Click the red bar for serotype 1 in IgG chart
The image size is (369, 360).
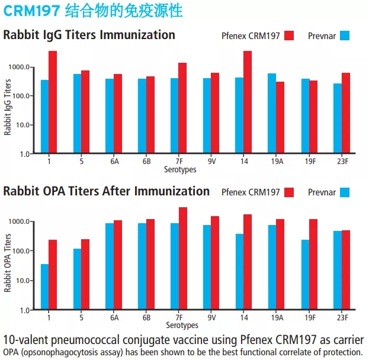53,102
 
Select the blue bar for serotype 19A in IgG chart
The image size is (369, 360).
272,113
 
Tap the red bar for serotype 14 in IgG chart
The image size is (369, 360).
248,102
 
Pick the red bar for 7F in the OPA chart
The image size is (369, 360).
183,258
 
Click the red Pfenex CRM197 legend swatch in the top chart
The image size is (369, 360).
290,36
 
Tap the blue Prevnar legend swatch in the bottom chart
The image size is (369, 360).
345,192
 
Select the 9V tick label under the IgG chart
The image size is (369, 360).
211,160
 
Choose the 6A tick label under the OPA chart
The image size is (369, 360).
114,317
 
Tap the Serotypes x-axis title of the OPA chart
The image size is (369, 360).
181,325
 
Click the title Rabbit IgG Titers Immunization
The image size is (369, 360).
89,35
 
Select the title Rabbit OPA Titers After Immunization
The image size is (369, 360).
107,191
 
